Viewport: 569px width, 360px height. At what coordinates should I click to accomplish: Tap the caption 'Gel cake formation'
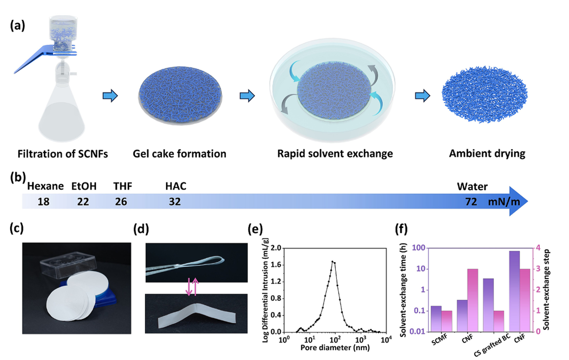coord(179,153)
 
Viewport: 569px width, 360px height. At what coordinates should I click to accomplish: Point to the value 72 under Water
coord(470,202)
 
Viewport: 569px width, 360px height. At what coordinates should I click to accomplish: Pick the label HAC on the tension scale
coord(176,187)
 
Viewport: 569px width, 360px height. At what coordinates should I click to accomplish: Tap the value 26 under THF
coord(121,202)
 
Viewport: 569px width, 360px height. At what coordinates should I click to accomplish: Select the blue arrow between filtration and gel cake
coord(110,95)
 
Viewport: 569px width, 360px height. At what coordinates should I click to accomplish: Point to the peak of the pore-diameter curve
coord(333,262)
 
